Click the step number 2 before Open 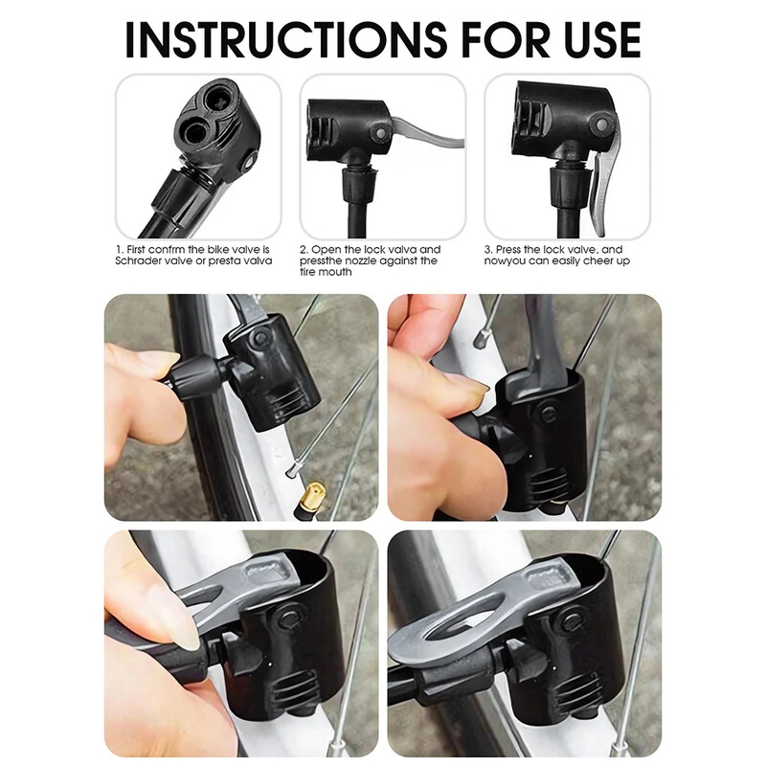304,249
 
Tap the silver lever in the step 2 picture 427,134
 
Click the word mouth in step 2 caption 335,272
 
